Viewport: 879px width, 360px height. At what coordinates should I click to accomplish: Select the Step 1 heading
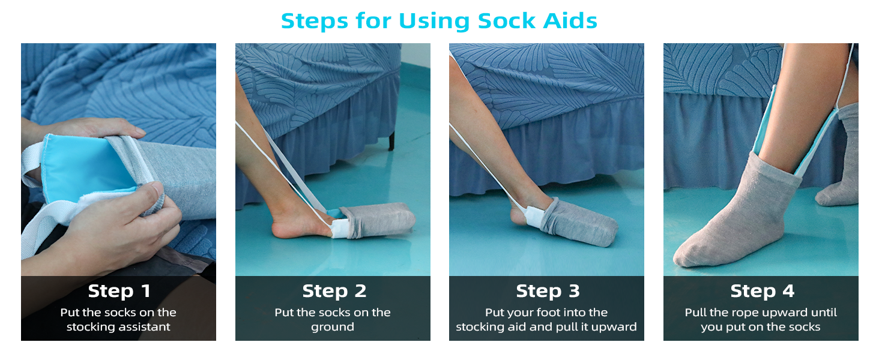119,291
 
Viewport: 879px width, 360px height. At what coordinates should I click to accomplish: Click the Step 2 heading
333,291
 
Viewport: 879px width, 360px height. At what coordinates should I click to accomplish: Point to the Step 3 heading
547,291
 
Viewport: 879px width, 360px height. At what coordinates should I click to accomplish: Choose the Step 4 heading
761,291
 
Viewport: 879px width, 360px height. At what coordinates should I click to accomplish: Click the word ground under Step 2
333,327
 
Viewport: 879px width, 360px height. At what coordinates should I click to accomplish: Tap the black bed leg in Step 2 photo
391,141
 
